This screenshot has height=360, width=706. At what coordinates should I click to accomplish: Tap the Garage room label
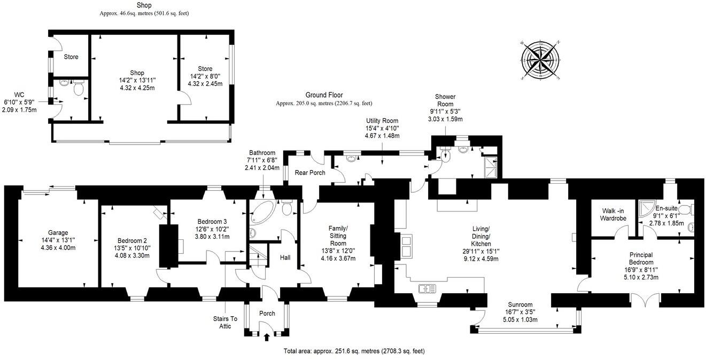pos(58,233)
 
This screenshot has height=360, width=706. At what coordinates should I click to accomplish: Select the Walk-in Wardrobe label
pos(613,214)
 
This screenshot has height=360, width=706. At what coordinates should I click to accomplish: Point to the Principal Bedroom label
pos(641,259)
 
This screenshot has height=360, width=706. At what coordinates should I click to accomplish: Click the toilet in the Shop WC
pos(79,89)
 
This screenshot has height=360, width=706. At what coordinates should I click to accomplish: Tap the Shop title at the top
pos(144,5)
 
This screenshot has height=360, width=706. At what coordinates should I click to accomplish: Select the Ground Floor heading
pos(324,95)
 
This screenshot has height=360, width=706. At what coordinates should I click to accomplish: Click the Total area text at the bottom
pos(354,351)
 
